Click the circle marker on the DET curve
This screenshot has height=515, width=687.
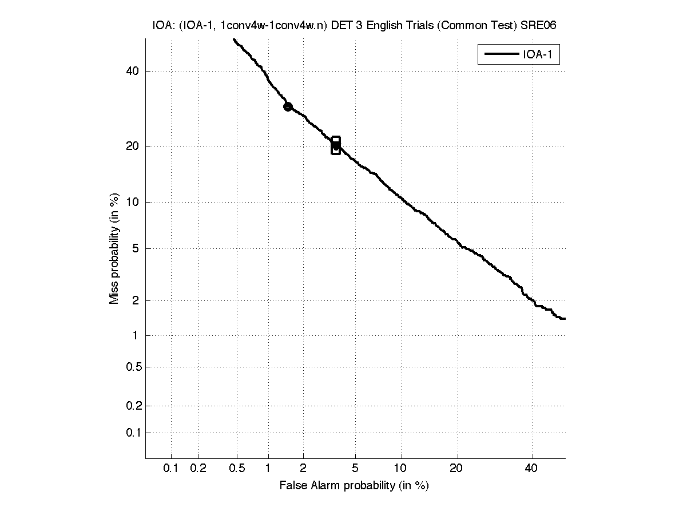pyautogui.click(x=288, y=106)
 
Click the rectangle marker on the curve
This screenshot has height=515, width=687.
pyautogui.click(x=336, y=145)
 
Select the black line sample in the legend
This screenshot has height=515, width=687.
pyautogui.click(x=501, y=55)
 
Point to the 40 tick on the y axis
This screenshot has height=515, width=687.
pyautogui.click(x=133, y=71)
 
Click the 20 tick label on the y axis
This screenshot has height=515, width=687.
pyautogui.click(x=133, y=146)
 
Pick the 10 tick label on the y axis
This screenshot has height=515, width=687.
pyautogui.click(x=133, y=201)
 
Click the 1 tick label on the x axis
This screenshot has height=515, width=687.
pyautogui.click(x=268, y=469)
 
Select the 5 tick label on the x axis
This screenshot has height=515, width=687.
pyautogui.click(x=356, y=469)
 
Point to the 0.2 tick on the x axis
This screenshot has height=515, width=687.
pyautogui.click(x=198, y=469)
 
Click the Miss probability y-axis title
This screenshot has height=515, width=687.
pyautogui.click(x=114, y=249)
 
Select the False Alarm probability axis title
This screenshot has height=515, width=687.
pyautogui.click(x=354, y=486)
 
